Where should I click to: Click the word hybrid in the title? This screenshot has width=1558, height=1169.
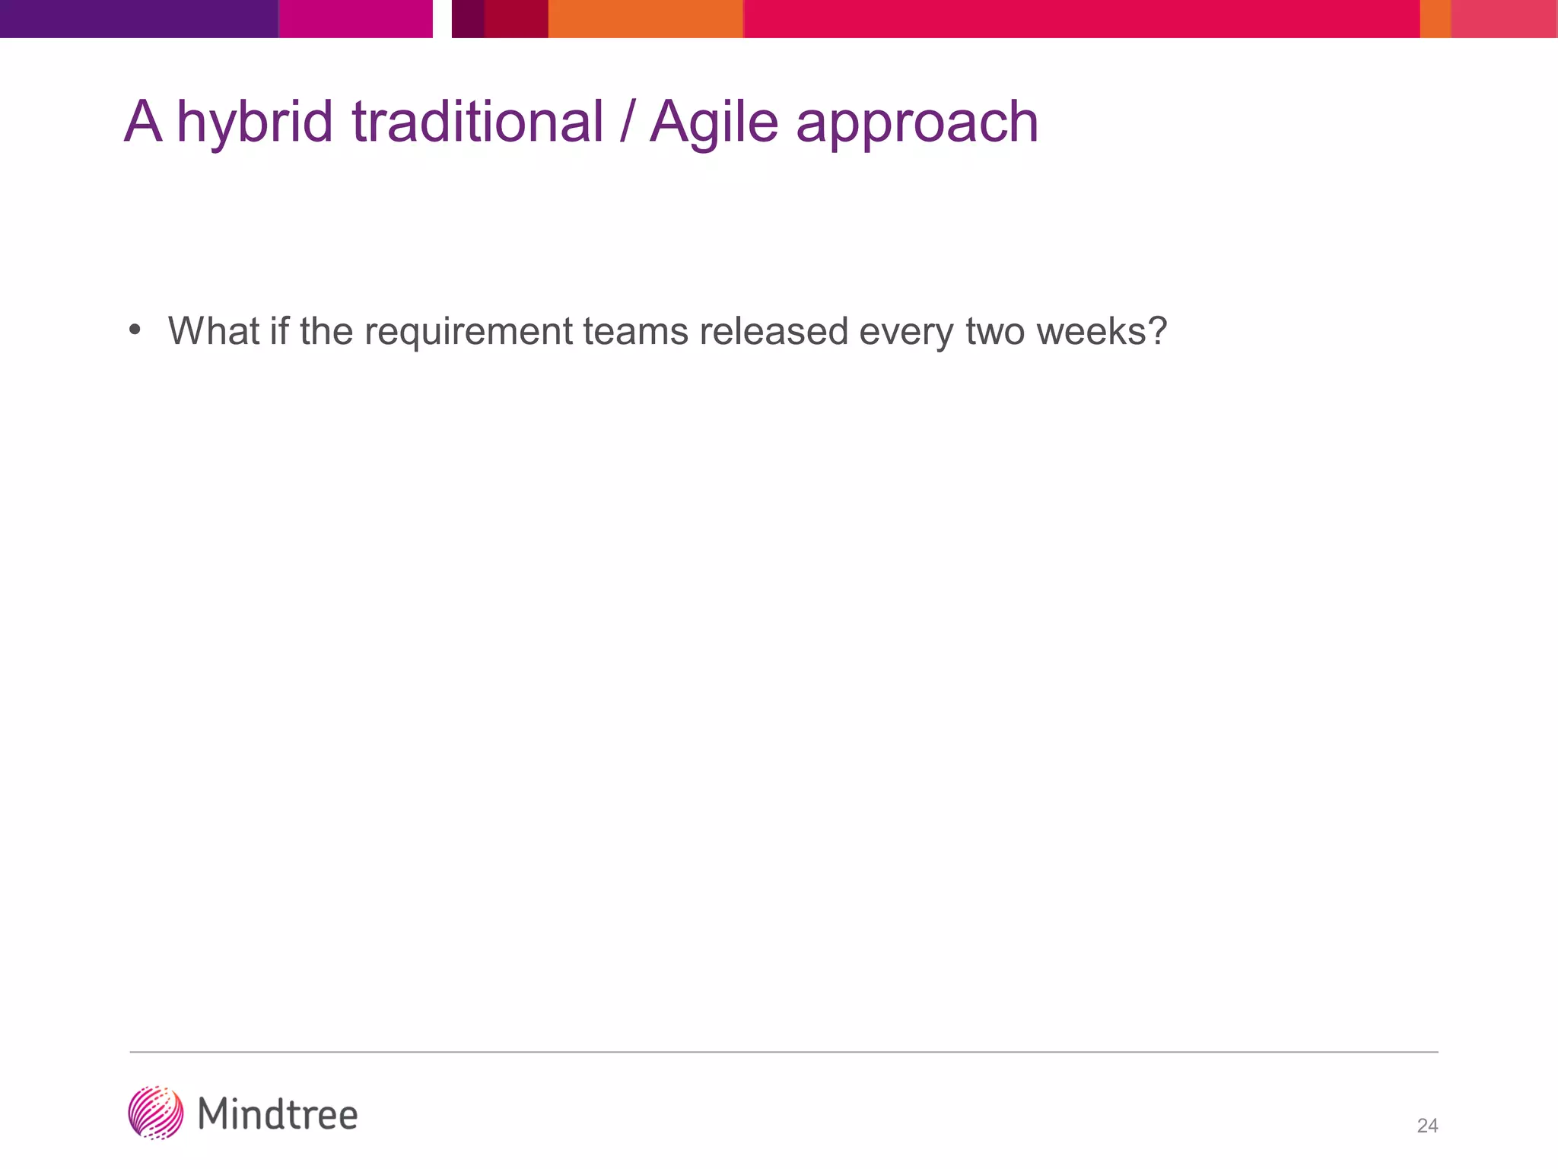click(x=254, y=123)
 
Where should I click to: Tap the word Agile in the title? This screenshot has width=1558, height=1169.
click(x=714, y=123)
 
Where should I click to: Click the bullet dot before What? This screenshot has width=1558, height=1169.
click(x=135, y=330)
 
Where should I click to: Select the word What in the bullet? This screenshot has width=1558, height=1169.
click(x=214, y=331)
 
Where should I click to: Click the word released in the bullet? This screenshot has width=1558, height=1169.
click(x=774, y=331)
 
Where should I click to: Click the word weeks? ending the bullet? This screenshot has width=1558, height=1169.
click(x=1102, y=331)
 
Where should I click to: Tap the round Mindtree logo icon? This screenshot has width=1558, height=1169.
click(x=156, y=1113)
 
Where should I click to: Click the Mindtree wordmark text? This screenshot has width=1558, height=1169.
click(x=278, y=1114)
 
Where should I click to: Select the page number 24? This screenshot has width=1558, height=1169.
click(x=1427, y=1126)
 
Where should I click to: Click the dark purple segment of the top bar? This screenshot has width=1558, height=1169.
click(x=138, y=18)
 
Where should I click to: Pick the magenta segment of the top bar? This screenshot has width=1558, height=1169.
click(x=355, y=18)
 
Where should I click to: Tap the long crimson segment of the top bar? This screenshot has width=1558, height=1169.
click(x=1080, y=18)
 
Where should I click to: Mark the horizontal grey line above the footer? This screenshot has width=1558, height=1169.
click(x=784, y=1052)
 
